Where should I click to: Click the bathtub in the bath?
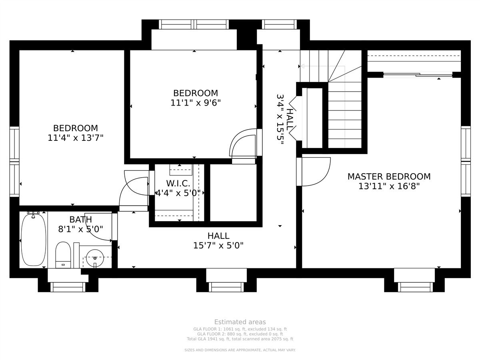point(34,240)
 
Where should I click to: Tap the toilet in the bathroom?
point(63,255)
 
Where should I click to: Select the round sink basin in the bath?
point(95,258)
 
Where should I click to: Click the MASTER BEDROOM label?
point(389,177)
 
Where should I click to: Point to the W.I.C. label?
point(178,183)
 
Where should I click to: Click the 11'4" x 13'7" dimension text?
point(76,138)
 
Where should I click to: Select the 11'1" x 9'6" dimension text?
point(196,102)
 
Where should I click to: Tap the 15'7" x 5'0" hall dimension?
point(218,246)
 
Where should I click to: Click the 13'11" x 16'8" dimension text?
point(389,186)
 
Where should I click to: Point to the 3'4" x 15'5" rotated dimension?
point(280,120)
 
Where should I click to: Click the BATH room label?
point(80,220)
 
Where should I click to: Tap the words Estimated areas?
point(240,322)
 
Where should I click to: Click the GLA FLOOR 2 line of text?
point(240,334)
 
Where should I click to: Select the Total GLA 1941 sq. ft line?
point(240,339)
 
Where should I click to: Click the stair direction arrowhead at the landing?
point(303,66)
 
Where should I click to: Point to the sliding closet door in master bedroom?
point(418,75)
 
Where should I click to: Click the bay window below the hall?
point(226,283)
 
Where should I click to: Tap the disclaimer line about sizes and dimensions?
point(240,350)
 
